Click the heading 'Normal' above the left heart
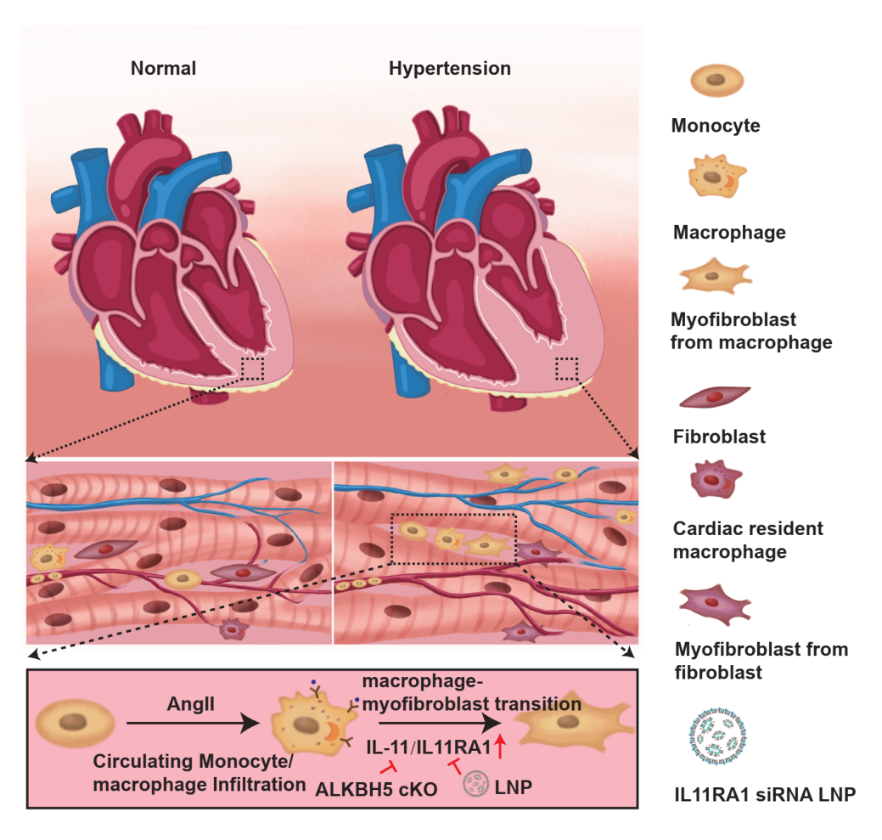(x=163, y=69)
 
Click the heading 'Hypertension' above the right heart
(x=450, y=69)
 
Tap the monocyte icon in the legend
(x=717, y=82)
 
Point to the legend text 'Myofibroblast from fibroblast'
(x=761, y=662)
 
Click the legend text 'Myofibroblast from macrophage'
(x=751, y=332)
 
